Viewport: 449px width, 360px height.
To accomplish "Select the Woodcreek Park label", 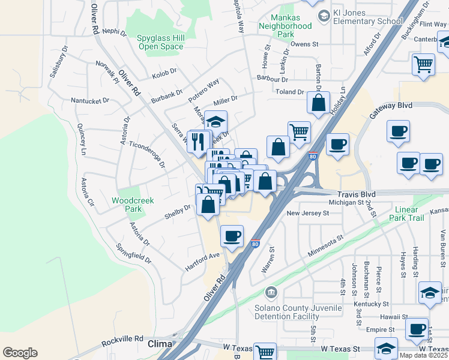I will [127, 205].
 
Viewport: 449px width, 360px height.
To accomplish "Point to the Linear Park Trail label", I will [415, 214].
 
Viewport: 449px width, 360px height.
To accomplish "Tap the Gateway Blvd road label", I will [391, 105].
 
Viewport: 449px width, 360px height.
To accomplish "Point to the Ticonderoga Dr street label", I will [147, 155].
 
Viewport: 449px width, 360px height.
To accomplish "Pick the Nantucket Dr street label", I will [90, 101].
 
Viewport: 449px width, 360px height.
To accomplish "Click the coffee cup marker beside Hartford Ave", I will [232, 236].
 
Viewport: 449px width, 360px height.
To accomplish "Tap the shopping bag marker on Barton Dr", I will [318, 102].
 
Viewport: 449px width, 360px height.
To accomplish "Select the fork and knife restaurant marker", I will [199, 141].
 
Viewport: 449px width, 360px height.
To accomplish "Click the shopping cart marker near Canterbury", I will [424, 64].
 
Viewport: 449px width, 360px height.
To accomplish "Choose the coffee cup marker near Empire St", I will [417, 328].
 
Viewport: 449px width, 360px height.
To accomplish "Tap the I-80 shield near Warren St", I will [256, 244].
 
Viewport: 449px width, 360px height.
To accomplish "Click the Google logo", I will [20, 353].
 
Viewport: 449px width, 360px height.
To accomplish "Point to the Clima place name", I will [159, 344].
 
